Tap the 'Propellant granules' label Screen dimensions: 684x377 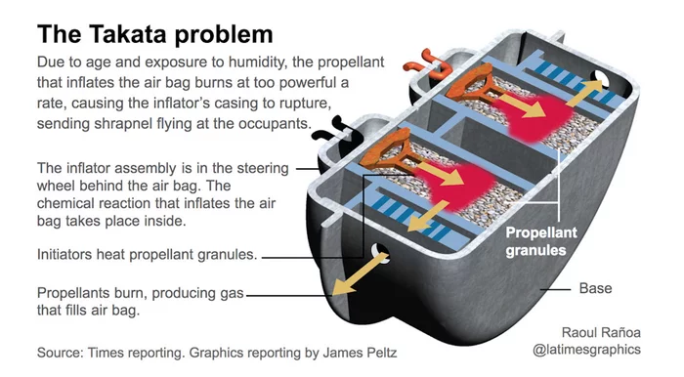tap(541, 241)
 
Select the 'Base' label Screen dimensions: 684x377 tap(595, 288)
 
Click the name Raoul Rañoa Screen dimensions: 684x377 tap(601, 332)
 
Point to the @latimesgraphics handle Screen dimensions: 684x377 tap(586, 349)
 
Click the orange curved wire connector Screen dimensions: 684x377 tap(428, 64)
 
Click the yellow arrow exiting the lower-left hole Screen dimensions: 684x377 tap(360, 274)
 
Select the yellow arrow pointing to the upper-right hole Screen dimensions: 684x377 tap(585, 92)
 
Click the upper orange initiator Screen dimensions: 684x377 tap(469, 81)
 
